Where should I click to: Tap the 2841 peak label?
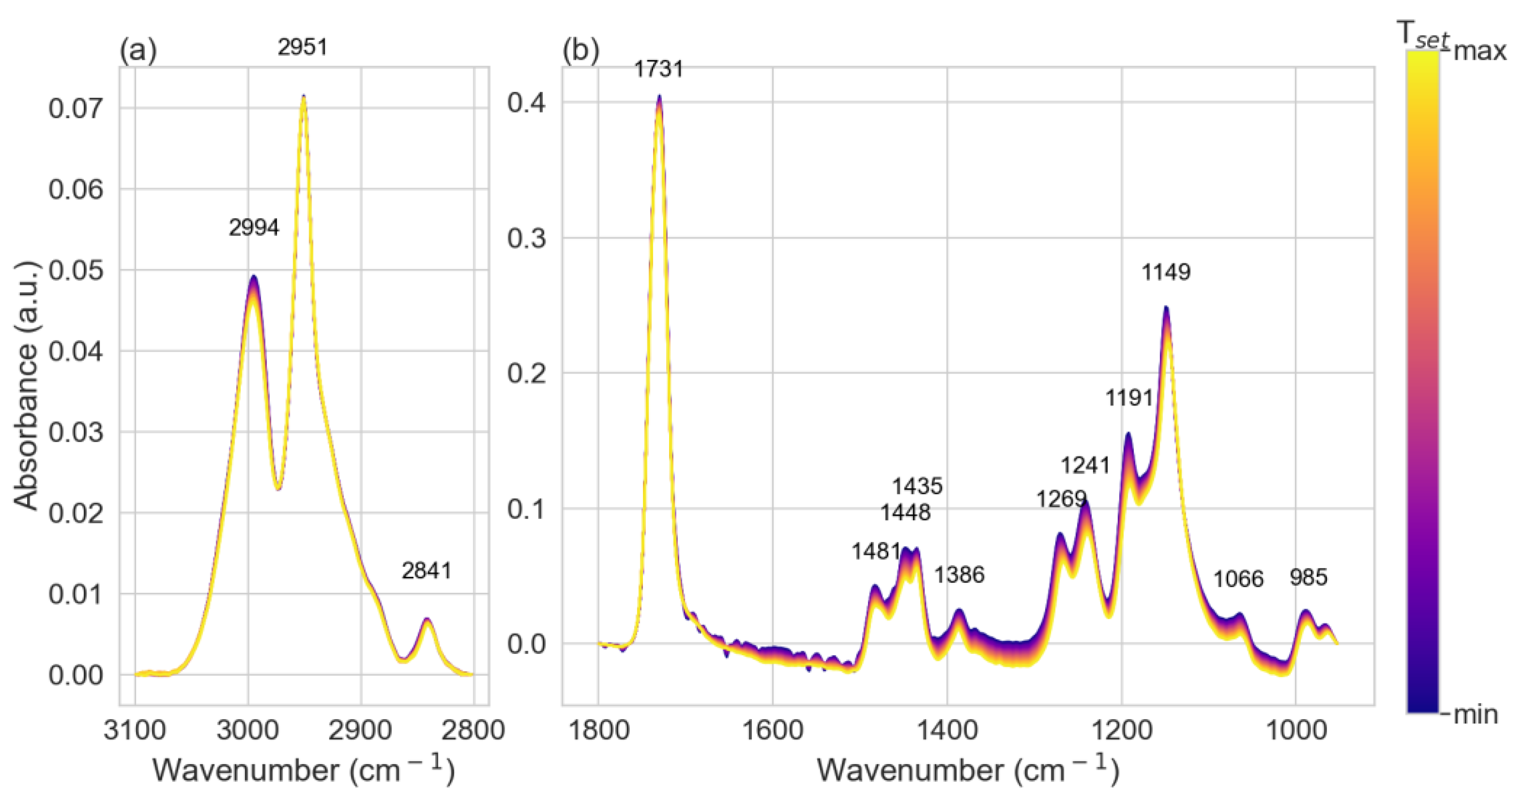coord(426,571)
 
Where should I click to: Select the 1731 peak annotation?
coord(658,69)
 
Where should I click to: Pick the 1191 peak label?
coord(1129,398)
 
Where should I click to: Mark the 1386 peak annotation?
coord(959,575)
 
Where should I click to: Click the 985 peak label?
coord(1308,577)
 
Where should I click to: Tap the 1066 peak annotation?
coord(1238,579)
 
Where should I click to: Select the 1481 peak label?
coord(876,551)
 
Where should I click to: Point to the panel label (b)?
coord(581,51)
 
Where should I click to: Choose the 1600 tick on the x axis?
coord(773,730)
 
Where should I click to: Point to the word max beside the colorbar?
coord(1480,52)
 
